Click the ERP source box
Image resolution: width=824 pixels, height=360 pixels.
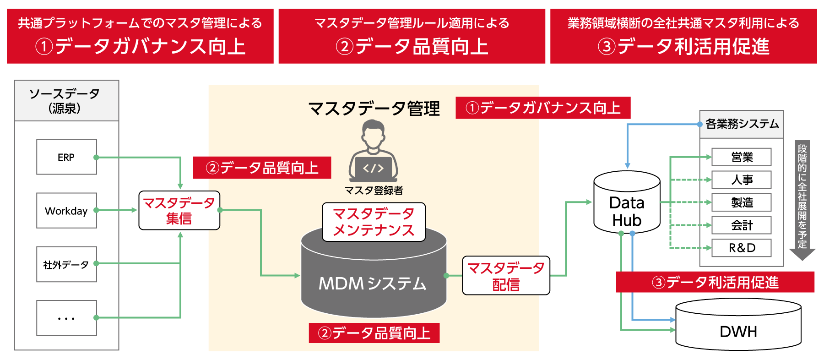66,157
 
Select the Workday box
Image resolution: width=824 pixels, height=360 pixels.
66,211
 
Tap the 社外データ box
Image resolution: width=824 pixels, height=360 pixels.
66,264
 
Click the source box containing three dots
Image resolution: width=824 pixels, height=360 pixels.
66,318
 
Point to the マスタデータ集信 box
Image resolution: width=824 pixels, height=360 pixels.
179,210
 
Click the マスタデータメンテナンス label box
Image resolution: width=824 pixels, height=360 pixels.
374,222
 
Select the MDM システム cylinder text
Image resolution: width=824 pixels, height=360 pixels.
373,284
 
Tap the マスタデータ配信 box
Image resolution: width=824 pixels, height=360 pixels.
506,275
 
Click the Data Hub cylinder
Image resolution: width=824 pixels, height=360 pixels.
627,206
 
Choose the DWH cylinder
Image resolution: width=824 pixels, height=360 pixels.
738,329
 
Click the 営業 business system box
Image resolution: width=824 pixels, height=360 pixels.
742,157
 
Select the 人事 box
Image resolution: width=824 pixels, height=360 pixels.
742,180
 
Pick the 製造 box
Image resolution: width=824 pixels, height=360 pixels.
742,202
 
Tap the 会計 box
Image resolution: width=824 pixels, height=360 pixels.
742,225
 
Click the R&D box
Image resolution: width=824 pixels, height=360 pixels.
742,248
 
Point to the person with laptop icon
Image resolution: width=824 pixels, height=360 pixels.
373,152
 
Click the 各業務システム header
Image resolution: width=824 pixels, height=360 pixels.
742,124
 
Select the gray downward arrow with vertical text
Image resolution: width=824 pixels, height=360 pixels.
802,200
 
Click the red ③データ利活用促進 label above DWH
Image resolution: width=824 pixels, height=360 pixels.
715,282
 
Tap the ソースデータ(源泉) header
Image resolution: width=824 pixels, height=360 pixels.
66,101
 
